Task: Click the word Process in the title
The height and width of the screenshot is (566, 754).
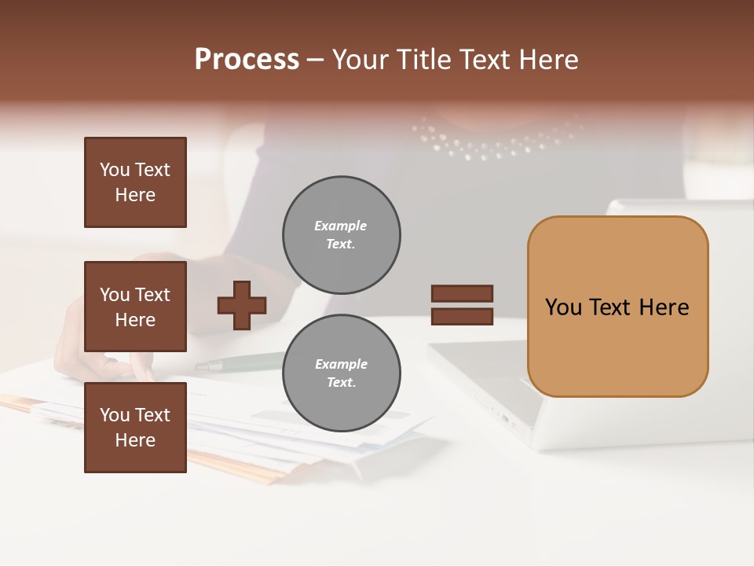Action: (x=247, y=60)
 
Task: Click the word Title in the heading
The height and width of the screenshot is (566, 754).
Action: (x=423, y=60)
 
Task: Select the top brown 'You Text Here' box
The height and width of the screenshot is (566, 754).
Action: (x=135, y=182)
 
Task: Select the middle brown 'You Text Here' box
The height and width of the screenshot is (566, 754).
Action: (x=135, y=307)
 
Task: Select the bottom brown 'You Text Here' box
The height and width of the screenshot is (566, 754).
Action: (x=135, y=428)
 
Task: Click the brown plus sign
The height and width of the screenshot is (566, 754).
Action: (x=242, y=304)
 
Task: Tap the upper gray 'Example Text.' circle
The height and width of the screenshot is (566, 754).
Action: (x=342, y=234)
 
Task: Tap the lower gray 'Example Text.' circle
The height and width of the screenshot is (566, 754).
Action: (x=342, y=373)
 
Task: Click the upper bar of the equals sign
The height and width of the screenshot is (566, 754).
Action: (x=463, y=294)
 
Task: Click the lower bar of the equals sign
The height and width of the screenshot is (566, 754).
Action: (x=463, y=317)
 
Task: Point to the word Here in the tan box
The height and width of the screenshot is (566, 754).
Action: (x=664, y=307)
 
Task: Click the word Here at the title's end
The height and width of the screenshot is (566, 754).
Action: (x=549, y=60)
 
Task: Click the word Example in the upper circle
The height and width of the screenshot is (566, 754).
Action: (x=341, y=226)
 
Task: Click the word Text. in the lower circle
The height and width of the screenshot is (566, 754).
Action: (x=342, y=382)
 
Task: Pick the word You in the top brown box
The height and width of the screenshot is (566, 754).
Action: (x=115, y=170)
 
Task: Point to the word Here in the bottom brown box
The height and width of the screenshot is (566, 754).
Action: (x=135, y=440)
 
